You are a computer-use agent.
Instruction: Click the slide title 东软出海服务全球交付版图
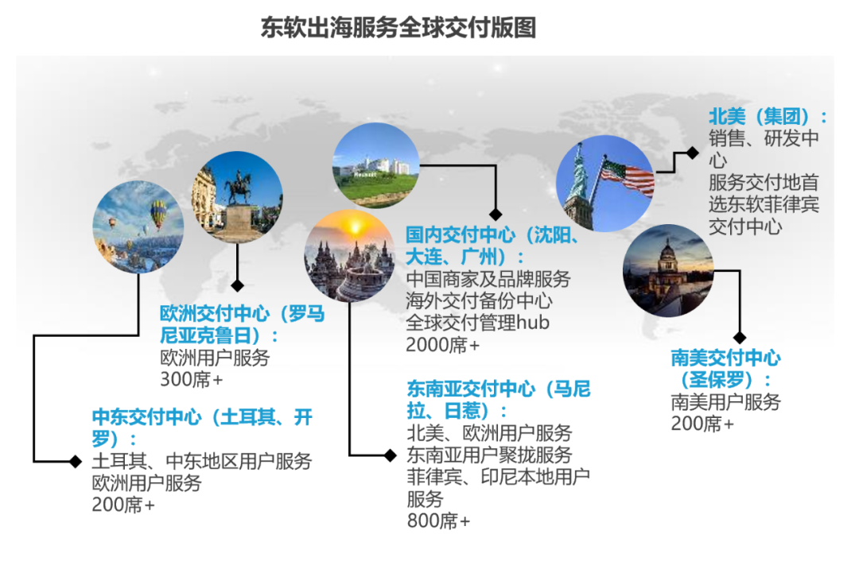398,27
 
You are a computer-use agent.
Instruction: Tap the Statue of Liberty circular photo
604,184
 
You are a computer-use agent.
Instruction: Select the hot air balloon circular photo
138,227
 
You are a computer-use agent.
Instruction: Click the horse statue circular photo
237,198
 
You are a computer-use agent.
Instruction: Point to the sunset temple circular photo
349,256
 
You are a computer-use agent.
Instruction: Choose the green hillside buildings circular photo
375,165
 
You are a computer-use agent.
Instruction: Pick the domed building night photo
668,271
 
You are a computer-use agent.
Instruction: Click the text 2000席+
443,345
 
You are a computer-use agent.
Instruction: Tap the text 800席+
438,521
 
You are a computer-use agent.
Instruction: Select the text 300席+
191,379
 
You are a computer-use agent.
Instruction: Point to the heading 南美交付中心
726,358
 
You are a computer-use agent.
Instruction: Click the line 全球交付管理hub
478,323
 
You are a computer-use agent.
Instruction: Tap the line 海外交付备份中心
480,301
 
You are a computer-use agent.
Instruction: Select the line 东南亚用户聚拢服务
489,455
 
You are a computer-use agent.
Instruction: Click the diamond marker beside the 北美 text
693,153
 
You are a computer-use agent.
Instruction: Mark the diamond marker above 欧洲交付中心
237,285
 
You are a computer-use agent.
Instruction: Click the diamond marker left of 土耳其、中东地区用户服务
76,461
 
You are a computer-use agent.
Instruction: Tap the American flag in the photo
627,175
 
